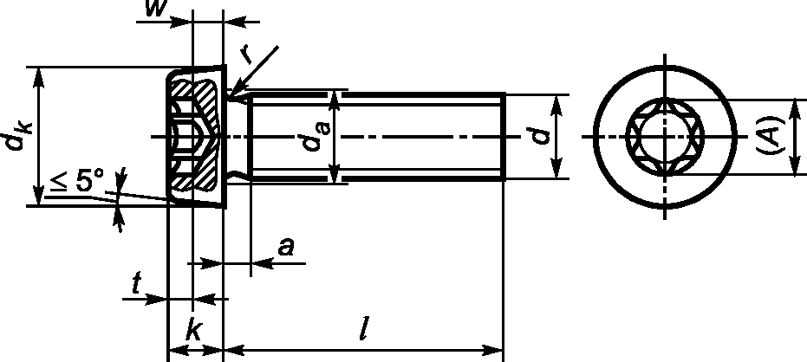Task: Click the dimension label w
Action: pyautogui.click(x=156, y=10)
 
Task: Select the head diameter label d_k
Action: pyautogui.click(x=18, y=138)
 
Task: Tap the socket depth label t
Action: pyautogui.click(x=136, y=284)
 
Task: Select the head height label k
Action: pyautogui.click(x=193, y=331)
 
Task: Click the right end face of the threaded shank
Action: pyautogui.click(x=503, y=137)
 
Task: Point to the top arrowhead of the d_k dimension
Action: pyautogui.click(x=38, y=73)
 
